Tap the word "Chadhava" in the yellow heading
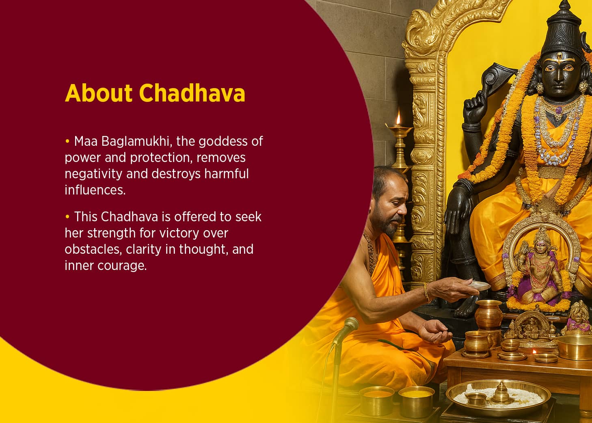click(192, 93)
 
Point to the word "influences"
click(95, 190)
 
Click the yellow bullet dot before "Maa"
click(67, 141)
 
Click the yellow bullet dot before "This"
click(67, 217)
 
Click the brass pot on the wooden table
click(488, 315)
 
